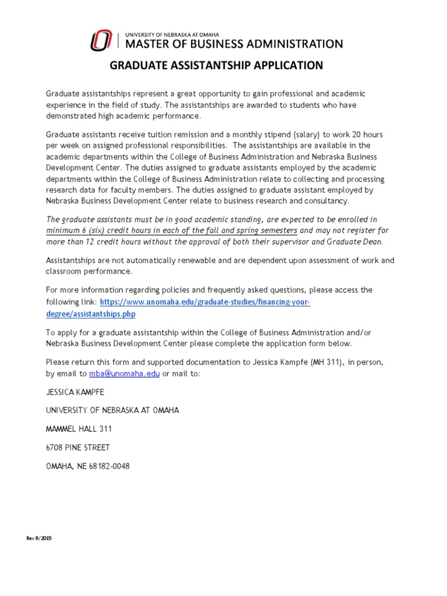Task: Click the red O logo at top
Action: tap(102, 40)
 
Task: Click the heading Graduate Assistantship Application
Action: tap(217, 65)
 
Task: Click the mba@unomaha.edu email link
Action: tap(124, 374)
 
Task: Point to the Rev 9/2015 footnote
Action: tap(39, 538)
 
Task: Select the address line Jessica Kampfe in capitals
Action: tap(74, 392)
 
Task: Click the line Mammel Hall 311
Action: tap(79, 429)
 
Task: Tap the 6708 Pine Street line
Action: tap(77, 448)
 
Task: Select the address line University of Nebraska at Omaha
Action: tap(112, 410)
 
